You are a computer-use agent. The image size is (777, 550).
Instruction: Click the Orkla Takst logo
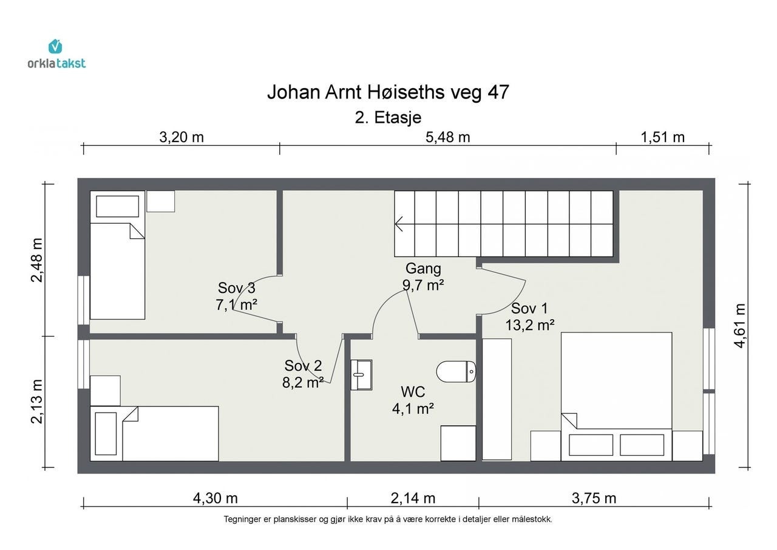(56, 54)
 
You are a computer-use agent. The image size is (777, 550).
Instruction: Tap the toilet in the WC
(456, 371)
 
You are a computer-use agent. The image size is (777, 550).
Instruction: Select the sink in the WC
(361, 374)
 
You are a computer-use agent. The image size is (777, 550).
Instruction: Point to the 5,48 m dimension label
(448, 137)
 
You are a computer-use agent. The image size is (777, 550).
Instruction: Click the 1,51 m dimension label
(662, 137)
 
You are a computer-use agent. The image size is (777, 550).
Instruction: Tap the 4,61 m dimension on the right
(739, 326)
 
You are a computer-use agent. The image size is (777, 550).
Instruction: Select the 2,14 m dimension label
(413, 498)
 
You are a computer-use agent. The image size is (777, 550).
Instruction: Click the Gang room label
(423, 268)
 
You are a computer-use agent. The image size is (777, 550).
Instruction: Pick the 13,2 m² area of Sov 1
(530, 325)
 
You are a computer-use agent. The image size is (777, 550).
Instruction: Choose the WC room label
(413, 391)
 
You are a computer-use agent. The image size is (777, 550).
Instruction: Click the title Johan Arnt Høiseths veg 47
(388, 92)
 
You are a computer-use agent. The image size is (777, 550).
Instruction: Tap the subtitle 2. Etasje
(388, 118)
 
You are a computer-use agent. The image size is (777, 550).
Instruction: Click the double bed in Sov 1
(616, 396)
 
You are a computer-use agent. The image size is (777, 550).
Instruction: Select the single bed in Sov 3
(117, 255)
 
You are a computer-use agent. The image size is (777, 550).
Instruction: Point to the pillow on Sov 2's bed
(106, 434)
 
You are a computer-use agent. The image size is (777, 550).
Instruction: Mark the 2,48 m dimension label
(37, 260)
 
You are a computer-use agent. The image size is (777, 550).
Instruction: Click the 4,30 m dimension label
(215, 498)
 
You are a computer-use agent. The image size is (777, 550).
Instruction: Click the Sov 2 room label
(303, 365)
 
